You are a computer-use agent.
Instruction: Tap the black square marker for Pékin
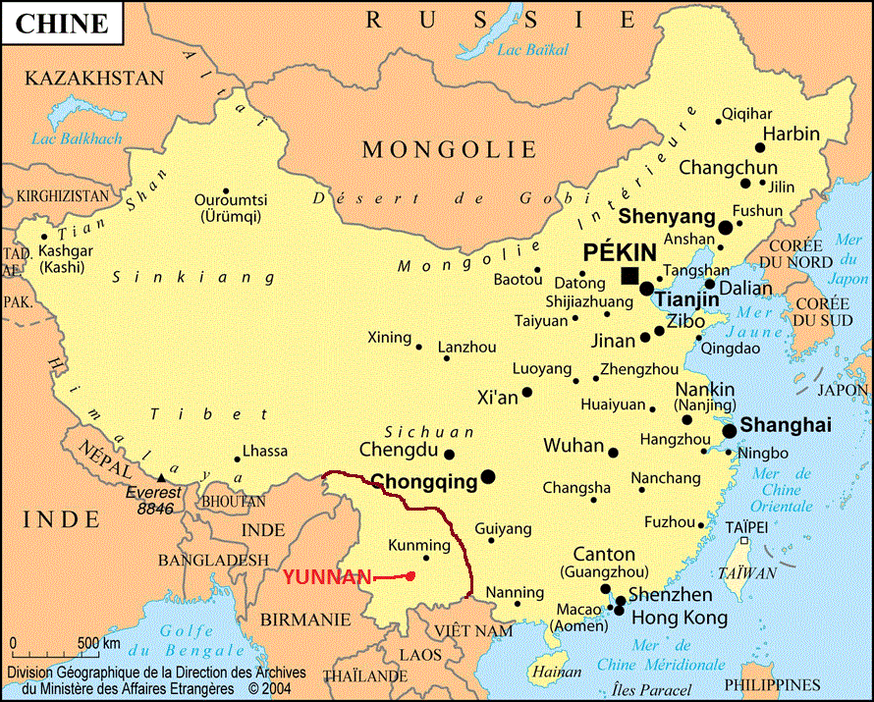point(629,275)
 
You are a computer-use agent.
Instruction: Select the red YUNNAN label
point(327,577)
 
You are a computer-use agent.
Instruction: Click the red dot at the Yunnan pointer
point(410,576)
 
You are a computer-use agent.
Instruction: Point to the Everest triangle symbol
point(161,477)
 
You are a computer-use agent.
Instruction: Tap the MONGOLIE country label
point(450,149)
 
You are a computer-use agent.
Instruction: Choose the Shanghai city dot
point(730,431)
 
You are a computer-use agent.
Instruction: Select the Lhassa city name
point(265,451)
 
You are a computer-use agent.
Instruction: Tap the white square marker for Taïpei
point(744,541)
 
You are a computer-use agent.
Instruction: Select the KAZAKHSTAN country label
point(94,78)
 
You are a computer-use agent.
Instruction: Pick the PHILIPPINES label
point(772,684)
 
